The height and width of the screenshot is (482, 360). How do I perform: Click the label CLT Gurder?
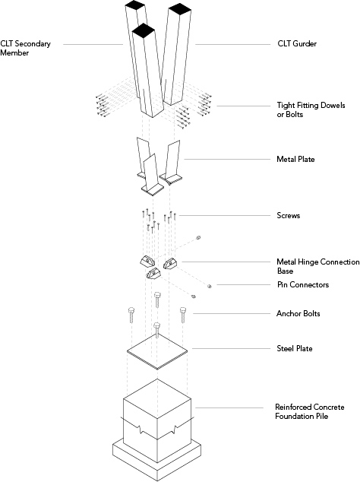pos(297,43)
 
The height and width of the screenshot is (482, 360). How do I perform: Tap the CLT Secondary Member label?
pos(25,48)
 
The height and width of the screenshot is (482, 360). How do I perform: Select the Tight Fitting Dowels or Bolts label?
pos(311,109)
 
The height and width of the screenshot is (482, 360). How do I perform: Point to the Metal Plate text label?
pos(295,159)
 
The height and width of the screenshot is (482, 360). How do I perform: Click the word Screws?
pos(288,215)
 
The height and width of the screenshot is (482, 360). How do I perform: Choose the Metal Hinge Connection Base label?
pos(318,266)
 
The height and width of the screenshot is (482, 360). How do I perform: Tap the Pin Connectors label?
pos(303,284)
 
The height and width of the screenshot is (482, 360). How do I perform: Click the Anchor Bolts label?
pos(298,313)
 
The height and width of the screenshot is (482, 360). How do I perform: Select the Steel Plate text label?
pos(294,349)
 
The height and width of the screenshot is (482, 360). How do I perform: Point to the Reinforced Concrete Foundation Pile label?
pos(309,411)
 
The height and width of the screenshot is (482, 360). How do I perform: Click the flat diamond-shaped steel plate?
pos(157,352)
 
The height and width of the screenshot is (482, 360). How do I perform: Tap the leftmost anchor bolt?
pos(131,315)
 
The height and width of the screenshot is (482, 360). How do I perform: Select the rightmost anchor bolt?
pos(183,315)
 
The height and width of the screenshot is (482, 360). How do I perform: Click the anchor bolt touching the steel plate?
pos(157,331)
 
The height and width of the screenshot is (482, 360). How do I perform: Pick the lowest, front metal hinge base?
pos(153,273)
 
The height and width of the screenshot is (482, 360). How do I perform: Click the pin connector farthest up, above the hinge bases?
pos(198,238)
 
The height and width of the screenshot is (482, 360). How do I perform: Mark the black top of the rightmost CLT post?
pos(180,9)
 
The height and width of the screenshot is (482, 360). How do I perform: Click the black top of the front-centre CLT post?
pos(143,30)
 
